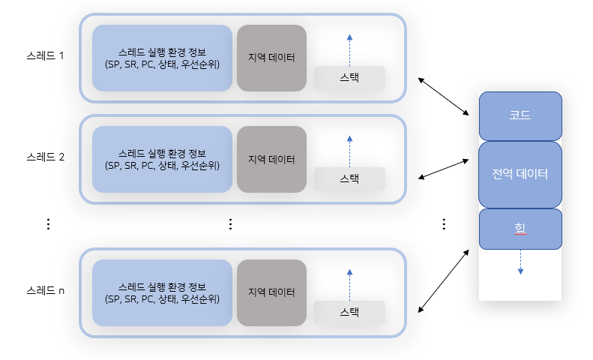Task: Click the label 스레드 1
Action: click(46, 55)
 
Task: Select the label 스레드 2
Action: click(46, 157)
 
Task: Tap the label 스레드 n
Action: click(46, 290)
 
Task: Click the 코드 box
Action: click(520, 115)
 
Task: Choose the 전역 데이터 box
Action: click(520, 174)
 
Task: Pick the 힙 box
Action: click(520, 229)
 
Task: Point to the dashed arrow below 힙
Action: click(520, 262)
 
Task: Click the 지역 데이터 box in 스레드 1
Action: click(271, 58)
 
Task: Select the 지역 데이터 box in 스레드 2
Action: click(271, 159)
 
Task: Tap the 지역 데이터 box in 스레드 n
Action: click(271, 292)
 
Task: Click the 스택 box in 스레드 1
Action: click(349, 77)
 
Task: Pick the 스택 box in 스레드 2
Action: click(349, 178)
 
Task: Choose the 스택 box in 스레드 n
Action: click(349, 312)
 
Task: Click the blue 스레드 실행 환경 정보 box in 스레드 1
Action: click(162, 58)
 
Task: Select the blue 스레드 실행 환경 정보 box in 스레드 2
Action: click(162, 159)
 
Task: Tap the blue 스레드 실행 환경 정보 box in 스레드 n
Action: click(162, 292)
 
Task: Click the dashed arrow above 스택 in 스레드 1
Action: click(349, 49)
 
